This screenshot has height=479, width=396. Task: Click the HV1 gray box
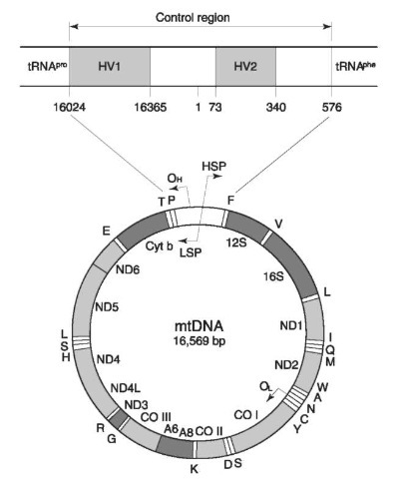110,67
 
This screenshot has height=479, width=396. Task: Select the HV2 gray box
245,67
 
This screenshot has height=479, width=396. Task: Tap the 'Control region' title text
193,17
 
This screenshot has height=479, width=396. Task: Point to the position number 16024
70,107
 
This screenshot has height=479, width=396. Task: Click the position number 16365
151,107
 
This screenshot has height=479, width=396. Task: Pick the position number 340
275,107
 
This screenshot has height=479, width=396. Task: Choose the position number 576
331,107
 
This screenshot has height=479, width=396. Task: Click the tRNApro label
47,67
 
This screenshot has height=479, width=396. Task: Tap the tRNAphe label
355,67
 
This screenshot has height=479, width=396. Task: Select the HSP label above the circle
214,166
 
